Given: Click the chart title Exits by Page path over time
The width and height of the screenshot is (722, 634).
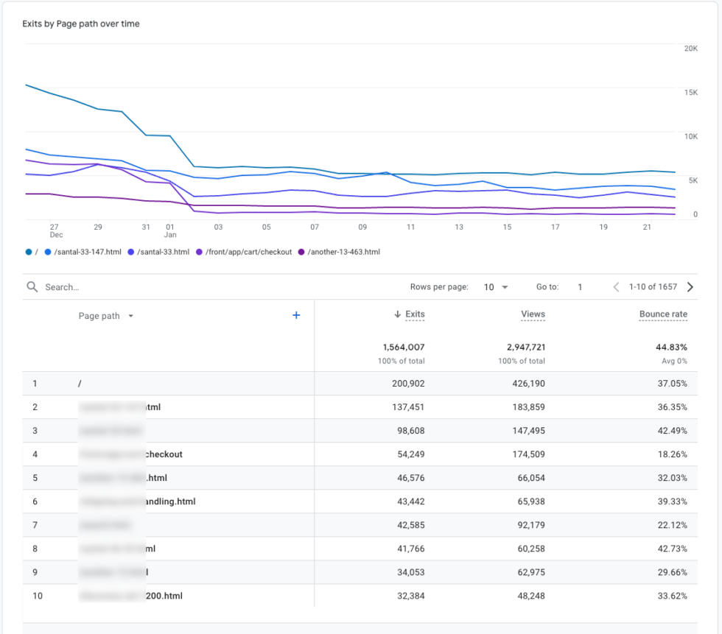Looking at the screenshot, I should pyautogui.click(x=81, y=24).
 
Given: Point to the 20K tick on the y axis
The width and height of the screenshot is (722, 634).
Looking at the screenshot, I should pyautogui.click(x=690, y=49).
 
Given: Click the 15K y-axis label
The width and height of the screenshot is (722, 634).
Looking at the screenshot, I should pyautogui.click(x=690, y=92).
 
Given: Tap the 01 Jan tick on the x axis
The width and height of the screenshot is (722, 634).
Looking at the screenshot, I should pyautogui.click(x=170, y=231).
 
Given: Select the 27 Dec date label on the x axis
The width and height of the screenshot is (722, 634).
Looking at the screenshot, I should pyautogui.click(x=55, y=231).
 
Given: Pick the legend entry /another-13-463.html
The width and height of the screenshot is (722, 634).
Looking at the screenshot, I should pyautogui.click(x=343, y=252).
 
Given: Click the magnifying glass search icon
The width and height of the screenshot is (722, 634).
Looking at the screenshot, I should pyautogui.click(x=32, y=287).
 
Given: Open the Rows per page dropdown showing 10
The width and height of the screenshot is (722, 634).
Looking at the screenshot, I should pyautogui.click(x=496, y=287).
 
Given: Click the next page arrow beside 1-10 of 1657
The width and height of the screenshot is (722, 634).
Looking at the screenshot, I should pyautogui.click(x=690, y=287).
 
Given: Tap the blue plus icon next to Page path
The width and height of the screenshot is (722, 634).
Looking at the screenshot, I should pyautogui.click(x=296, y=315).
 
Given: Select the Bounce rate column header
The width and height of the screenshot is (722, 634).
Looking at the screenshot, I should pyautogui.click(x=663, y=314).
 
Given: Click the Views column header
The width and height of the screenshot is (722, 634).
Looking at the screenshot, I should pyautogui.click(x=533, y=314).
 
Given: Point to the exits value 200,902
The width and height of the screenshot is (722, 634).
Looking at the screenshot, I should pyautogui.click(x=404, y=384).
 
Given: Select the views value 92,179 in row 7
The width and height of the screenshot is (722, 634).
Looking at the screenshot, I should pyautogui.click(x=528, y=525).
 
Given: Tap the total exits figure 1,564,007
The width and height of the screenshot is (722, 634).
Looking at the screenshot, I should pyautogui.click(x=404, y=347).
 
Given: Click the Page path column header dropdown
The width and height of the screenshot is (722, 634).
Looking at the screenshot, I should pyautogui.click(x=106, y=316).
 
